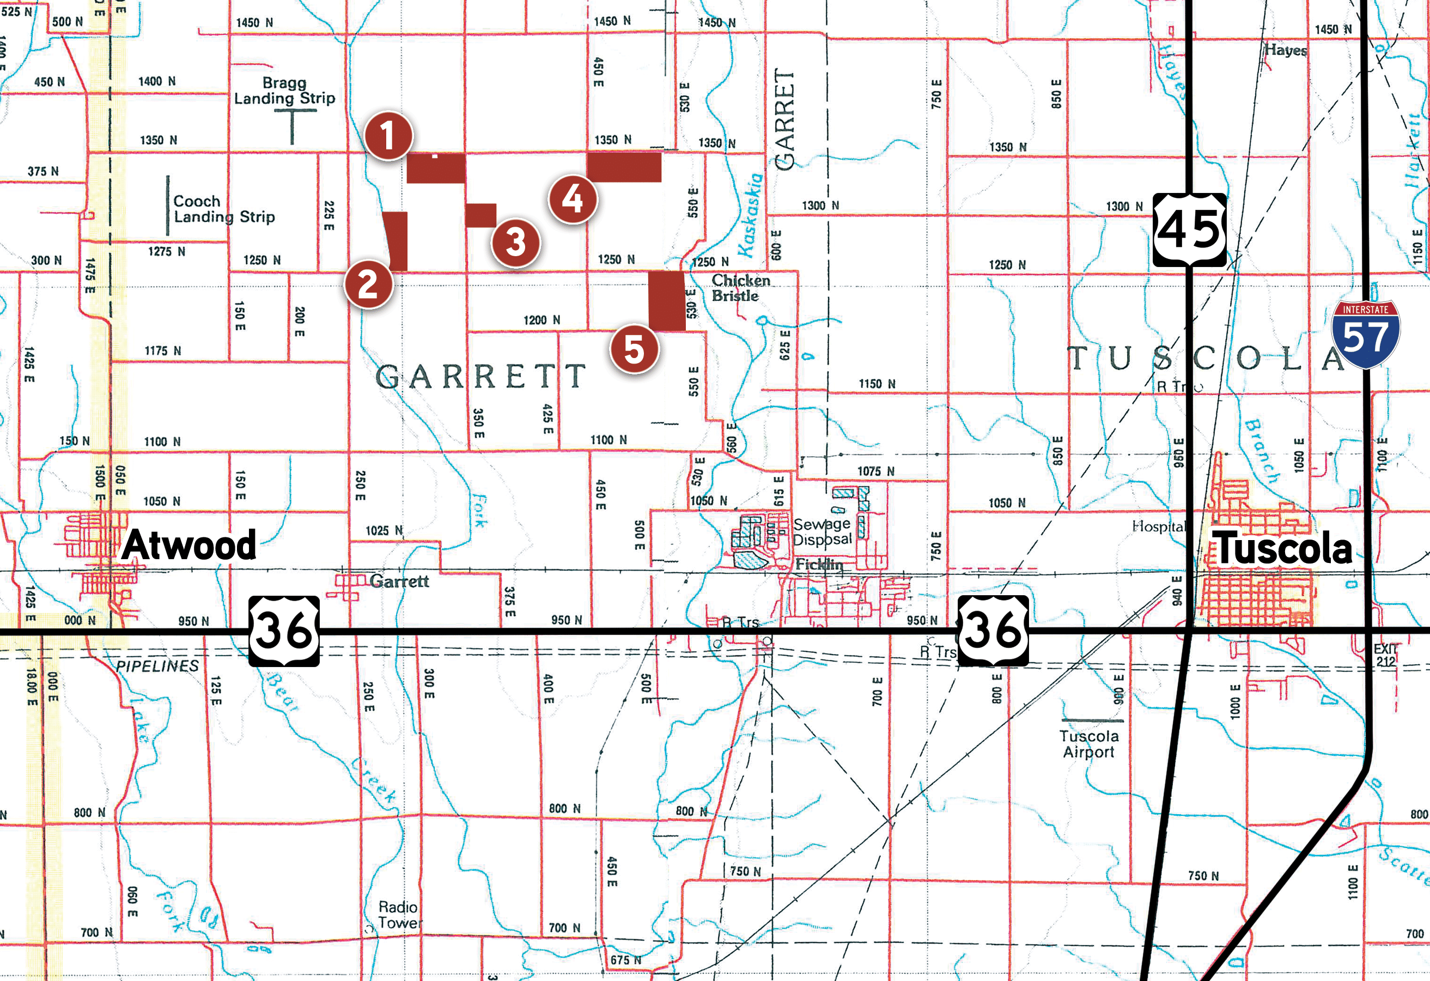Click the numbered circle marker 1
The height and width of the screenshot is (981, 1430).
[x=388, y=135]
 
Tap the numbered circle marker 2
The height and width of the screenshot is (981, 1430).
[x=368, y=284]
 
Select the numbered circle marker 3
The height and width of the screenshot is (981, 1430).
[x=516, y=242]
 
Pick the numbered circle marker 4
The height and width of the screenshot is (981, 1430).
[x=572, y=199]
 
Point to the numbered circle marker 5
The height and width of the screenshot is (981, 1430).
[x=634, y=349]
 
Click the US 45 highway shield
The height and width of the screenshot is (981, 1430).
[x=1189, y=229]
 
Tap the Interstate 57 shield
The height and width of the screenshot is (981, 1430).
[x=1365, y=334]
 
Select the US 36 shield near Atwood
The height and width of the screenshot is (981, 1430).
[x=284, y=631]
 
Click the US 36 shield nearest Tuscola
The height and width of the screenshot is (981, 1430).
[x=993, y=631]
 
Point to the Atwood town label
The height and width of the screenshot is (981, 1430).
[x=188, y=546]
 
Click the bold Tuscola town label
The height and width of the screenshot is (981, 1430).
[x=1282, y=548]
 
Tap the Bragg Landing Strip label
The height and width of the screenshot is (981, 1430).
[x=284, y=90]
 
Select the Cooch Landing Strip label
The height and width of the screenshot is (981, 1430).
[x=223, y=209]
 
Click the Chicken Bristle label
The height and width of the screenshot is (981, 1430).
[x=740, y=288]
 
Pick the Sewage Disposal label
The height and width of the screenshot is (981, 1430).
[x=822, y=532]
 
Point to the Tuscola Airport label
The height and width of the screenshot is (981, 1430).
[x=1088, y=743]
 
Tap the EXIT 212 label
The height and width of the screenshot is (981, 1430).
[x=1386, y=656]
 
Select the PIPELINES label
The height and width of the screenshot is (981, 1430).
[x=157, y=666]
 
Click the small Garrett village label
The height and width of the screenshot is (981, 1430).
[x=399, y=581]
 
